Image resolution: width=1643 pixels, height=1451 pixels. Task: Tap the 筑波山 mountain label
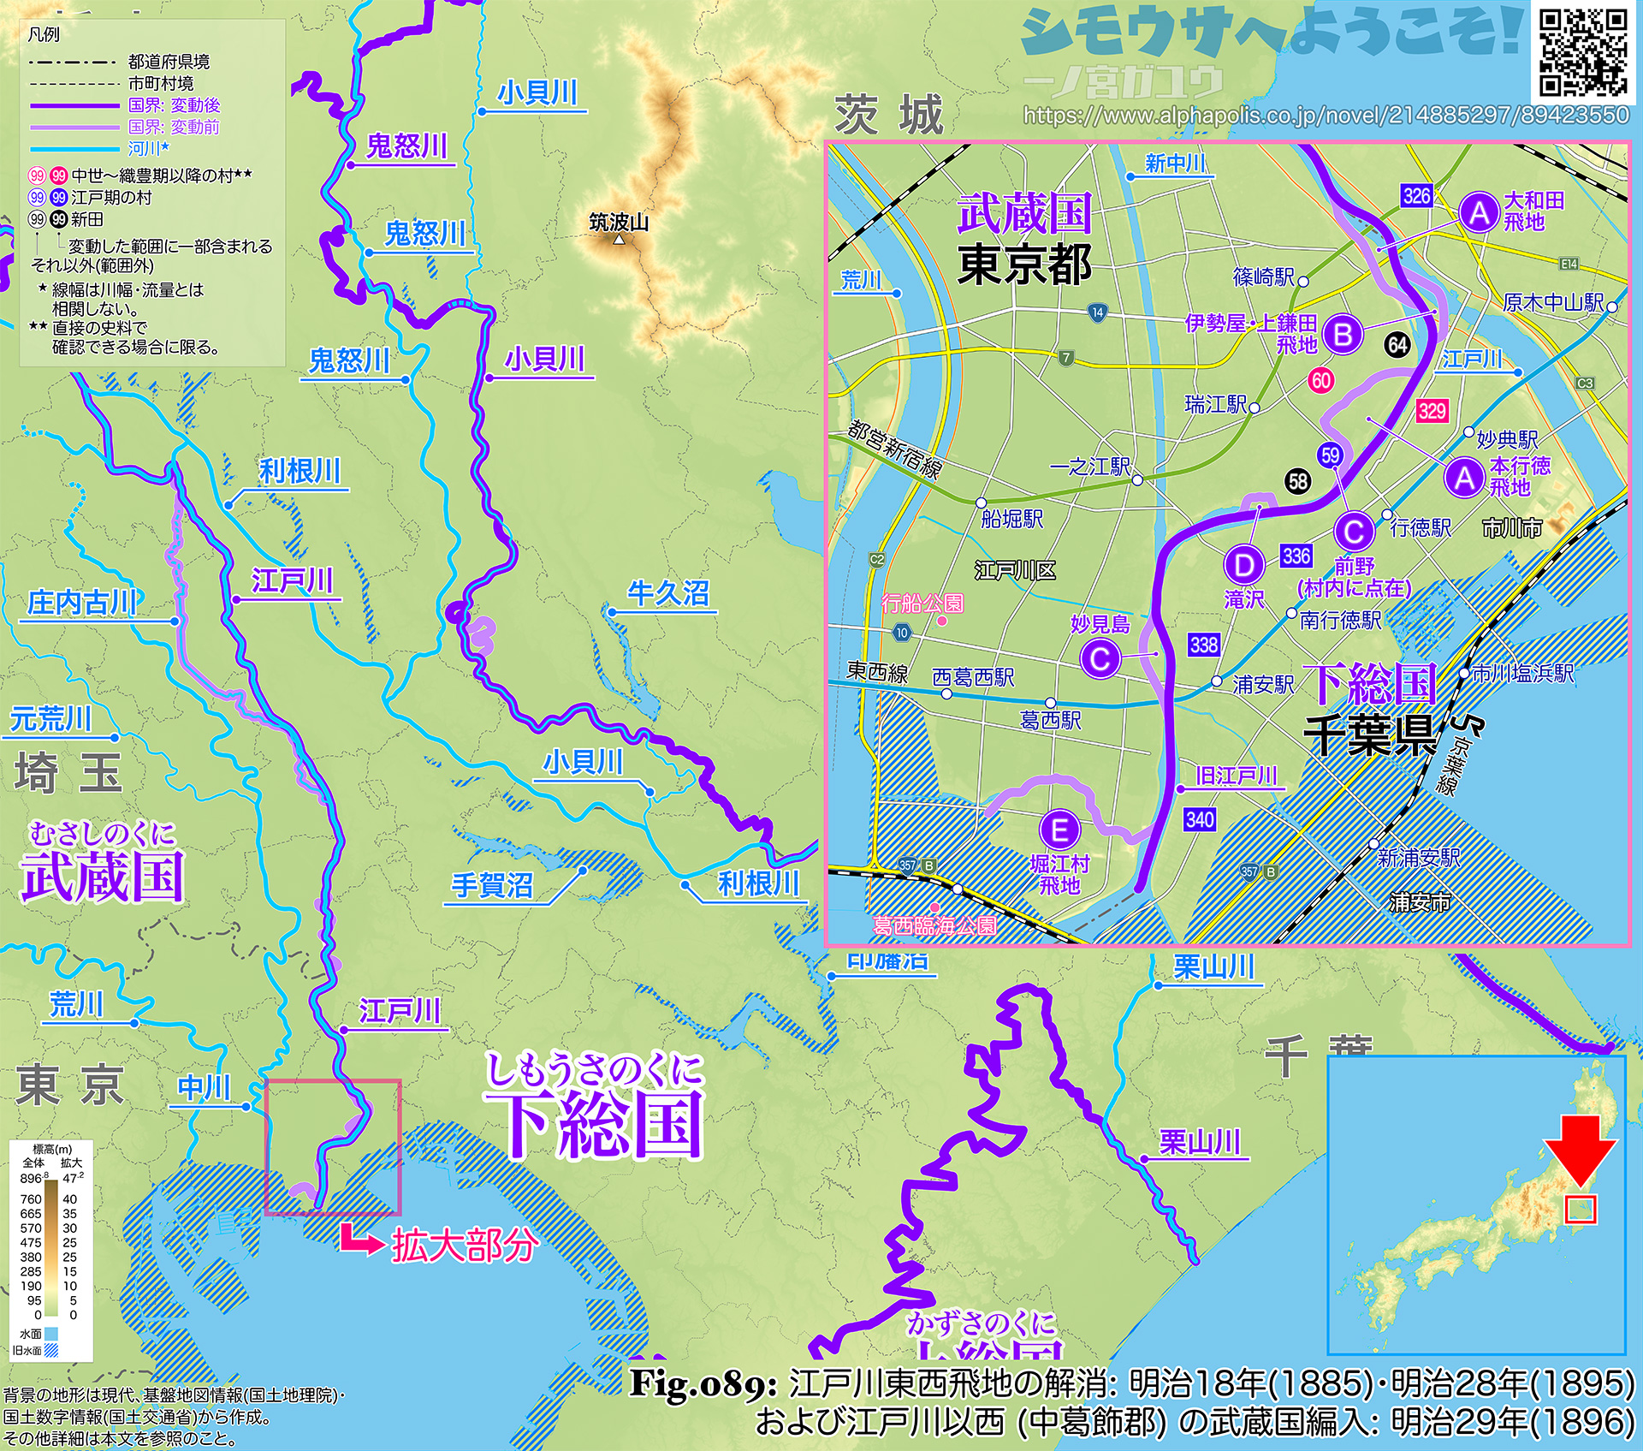(x=619, y=223)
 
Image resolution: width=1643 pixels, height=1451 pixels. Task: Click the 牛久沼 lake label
(x=668, y=593)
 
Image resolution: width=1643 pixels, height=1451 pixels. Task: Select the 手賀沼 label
(x=492, y=884)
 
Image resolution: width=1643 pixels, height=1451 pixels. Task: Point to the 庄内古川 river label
(x=82, y=603)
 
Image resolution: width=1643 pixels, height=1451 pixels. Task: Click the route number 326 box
(x=1416, y=196)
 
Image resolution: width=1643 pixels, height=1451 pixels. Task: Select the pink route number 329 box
(x=1432, y=411)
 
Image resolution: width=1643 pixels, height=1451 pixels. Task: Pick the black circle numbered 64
(x=1397, y=345)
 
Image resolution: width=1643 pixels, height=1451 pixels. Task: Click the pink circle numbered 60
(x=1321, y=381)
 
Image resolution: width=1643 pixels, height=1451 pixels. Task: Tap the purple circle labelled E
(x=1059, y=830)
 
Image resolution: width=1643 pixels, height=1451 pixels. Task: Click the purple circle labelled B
(x=1343, y=334)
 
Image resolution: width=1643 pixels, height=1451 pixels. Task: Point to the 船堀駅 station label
(x=1012, y=519)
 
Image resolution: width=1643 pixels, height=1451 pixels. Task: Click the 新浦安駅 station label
(x=1419, y=857)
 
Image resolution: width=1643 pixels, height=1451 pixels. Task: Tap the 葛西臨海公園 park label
(x=934, y=925)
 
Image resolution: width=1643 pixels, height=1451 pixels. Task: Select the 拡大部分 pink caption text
(x=465, y=1246)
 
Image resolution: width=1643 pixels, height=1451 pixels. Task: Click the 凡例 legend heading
(x=44, y=35)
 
